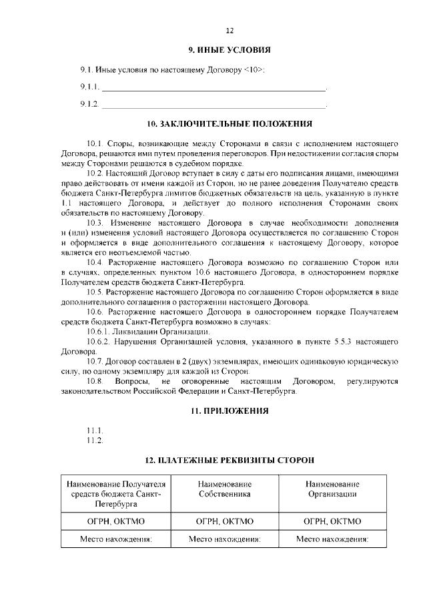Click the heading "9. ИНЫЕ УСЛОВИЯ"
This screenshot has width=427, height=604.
pos(230,51)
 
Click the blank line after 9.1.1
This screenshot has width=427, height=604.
pos(213,87)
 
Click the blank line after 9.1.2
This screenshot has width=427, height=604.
pos(213,104)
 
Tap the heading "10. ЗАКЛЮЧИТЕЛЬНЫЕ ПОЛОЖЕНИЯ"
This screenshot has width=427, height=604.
pos(230,124)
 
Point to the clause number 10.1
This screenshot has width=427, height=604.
pos(95,143)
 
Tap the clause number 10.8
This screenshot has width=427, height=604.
pos(95,381)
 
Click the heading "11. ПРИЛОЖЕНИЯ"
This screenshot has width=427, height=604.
pos(230,411)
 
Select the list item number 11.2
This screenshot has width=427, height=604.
pos(94,440)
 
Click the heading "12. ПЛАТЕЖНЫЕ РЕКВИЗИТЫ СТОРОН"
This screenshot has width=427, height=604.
pos(230,461)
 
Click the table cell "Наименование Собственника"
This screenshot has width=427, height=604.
pos(224,489)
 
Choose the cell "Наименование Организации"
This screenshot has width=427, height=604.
pos(332,489)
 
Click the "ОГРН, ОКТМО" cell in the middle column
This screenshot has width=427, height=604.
pos(224,521)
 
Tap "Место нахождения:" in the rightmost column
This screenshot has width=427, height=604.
pos(332,539)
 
